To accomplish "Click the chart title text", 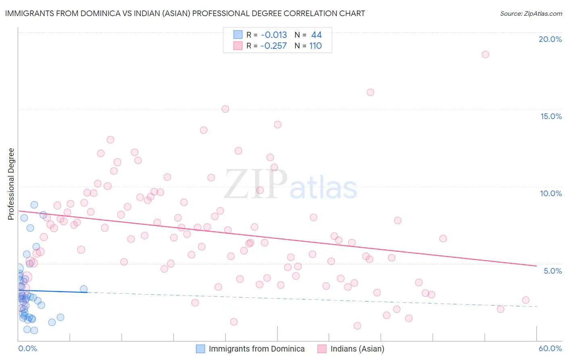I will coord(185,13).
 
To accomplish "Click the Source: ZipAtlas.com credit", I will coord(531,13).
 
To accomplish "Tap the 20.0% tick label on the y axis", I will coord(550,39).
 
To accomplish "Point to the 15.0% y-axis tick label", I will coord(551,116).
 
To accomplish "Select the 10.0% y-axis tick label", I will coord(551,193).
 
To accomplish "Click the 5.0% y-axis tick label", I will coord(552,271).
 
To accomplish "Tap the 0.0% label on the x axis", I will coord(27,348).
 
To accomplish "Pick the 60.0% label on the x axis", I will coord(550,348).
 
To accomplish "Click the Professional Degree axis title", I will coord(11,184).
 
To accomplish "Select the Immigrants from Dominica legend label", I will coord(256,349).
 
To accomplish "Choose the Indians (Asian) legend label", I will coord(357,349).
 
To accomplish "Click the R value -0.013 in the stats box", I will coord(274,35).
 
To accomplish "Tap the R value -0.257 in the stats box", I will coord(273,46).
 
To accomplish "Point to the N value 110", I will coord(315,46).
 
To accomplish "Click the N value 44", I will coord(316,35).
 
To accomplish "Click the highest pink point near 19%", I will coord(485,54).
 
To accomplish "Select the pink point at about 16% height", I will coord(370,92).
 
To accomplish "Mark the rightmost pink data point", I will coord(525,300).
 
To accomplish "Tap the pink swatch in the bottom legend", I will coord(322,349).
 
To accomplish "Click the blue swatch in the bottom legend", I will coord(200,349).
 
